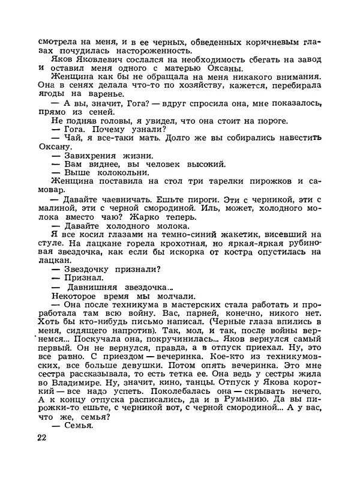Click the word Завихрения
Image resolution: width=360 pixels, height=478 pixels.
(x=90, y=155)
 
